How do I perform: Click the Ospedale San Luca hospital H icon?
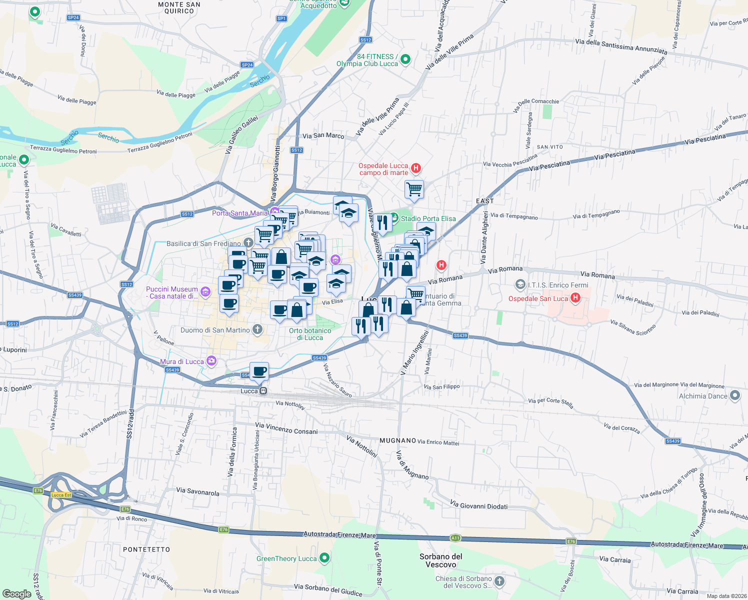pos(575,298)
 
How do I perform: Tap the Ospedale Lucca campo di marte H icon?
pos(415,168)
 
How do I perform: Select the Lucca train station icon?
pos(263,391)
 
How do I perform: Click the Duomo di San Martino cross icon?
pos(257,329)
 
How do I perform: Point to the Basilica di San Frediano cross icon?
pos(248,243)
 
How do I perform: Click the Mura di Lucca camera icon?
pos(211,361)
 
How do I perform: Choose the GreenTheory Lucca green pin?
pos(324,557)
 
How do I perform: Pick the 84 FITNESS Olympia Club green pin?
pos(405,59)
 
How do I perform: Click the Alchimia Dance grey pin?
pos(734,395)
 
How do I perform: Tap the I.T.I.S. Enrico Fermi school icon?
pos(520,284)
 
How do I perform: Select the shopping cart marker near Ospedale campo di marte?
pos(414,189)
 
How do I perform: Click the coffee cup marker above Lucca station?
pos(259,371)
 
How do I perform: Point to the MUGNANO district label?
pos(398,440)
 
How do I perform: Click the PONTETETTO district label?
pos(146,549)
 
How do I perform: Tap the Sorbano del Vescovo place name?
pos(441,560)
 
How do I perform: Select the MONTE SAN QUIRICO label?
pos(179,7)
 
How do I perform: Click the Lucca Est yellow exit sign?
pos(61,495)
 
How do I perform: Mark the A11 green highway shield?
pos(455,538)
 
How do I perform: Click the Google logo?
pos(17,593)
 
